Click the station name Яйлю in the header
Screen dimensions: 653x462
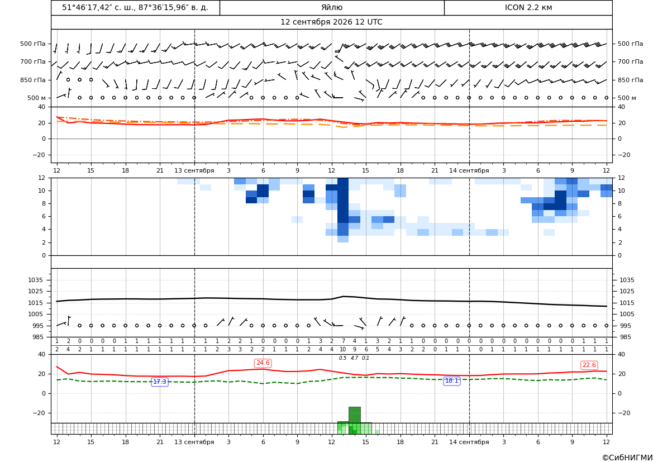332,7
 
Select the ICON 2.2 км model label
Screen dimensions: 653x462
528,7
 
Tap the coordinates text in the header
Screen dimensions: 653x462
135,7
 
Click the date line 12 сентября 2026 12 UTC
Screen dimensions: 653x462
331,22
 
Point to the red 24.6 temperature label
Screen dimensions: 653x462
263,363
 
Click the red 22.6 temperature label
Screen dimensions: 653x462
589,365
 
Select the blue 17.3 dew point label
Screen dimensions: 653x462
160,382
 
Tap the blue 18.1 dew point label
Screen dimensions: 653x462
451,381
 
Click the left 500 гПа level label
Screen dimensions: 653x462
33,44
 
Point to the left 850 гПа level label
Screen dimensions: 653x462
33,80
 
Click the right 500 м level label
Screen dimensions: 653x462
627,98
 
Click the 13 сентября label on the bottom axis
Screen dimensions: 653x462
194,442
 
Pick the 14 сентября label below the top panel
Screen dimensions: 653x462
469,170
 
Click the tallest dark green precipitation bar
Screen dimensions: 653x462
354,415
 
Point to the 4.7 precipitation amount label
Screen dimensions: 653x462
354,358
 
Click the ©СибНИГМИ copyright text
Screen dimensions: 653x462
627,458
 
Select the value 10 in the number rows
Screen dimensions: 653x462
343,350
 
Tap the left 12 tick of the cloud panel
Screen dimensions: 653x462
41,178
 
